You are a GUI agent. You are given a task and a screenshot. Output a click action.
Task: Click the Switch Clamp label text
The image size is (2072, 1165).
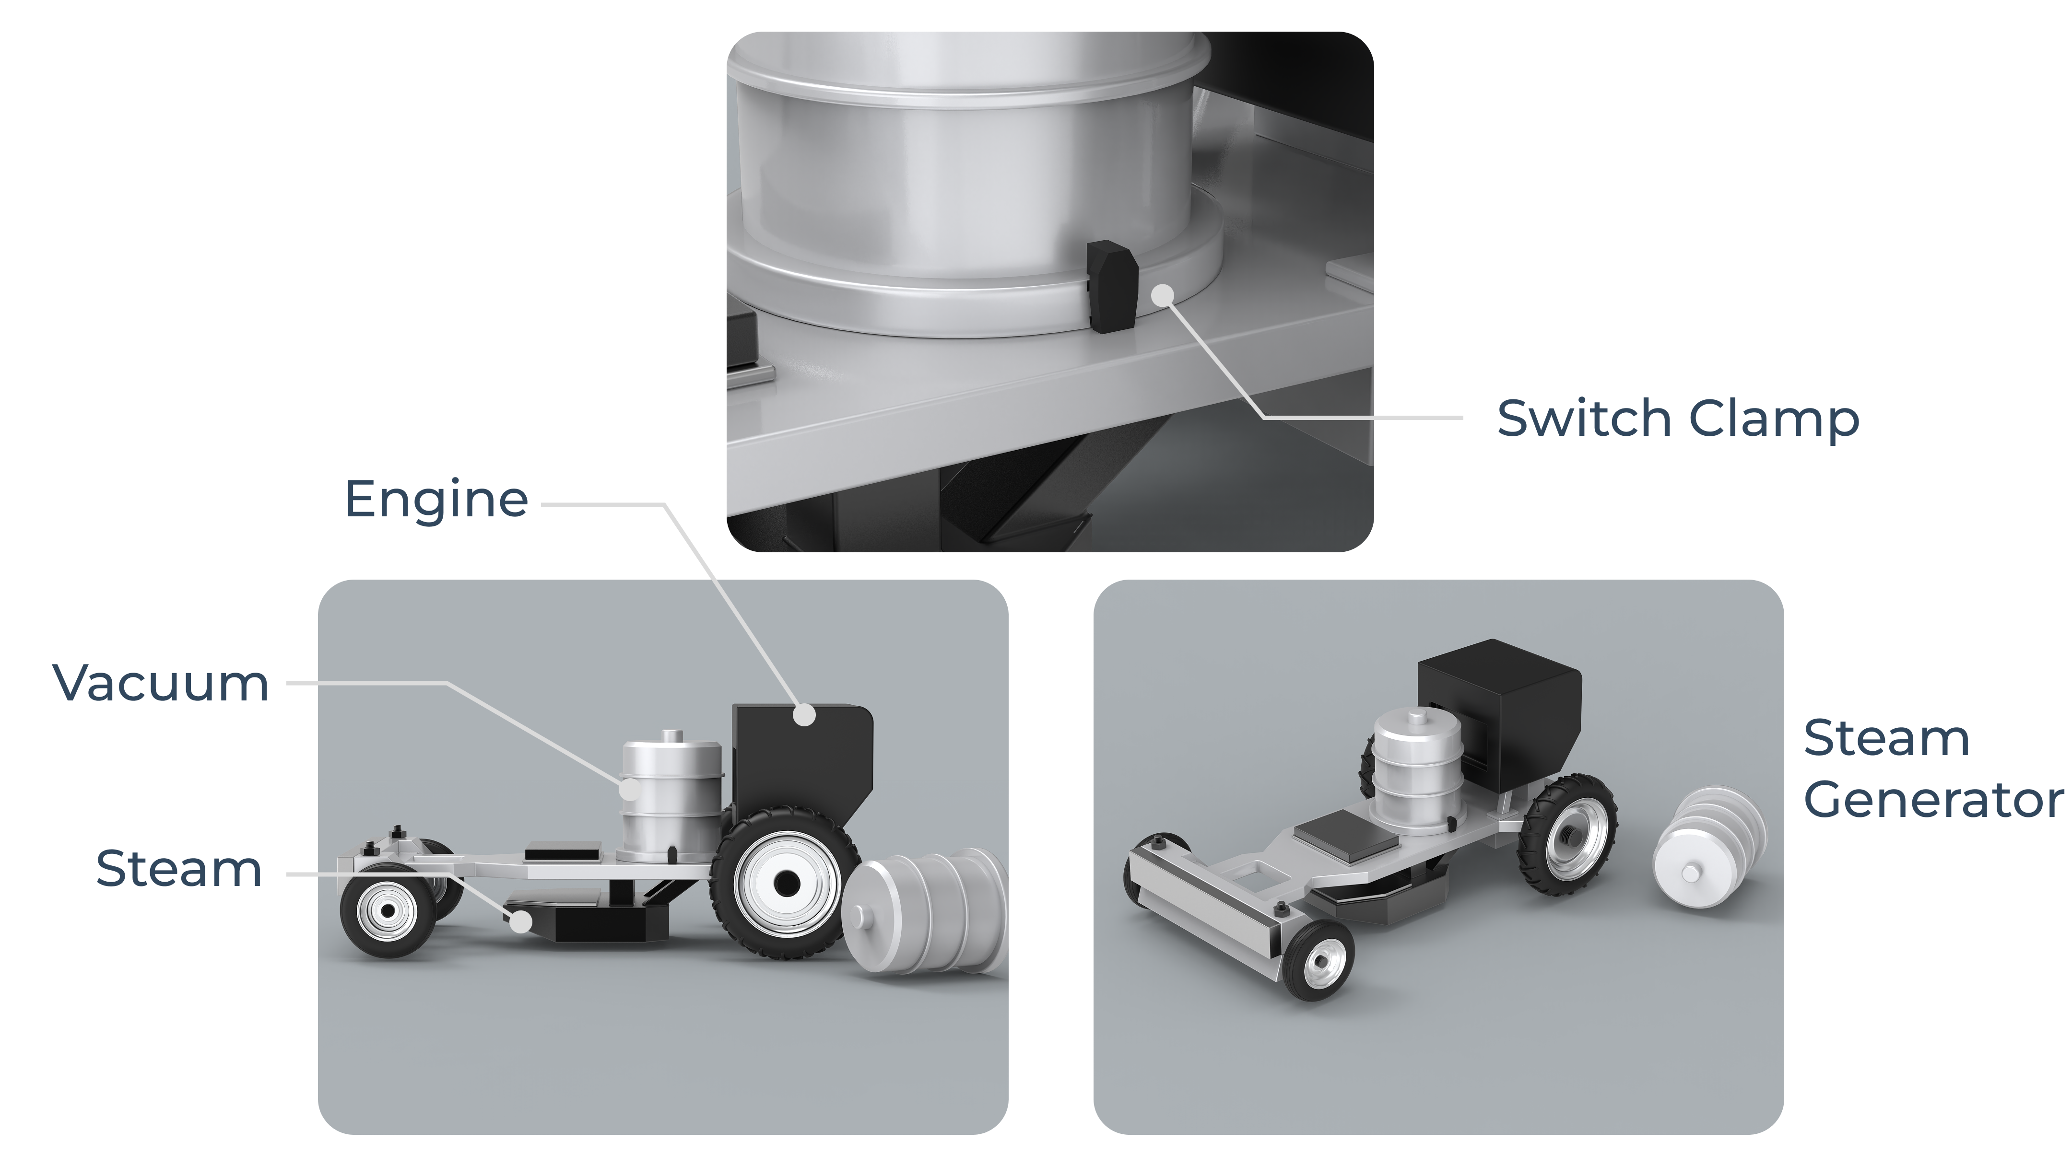coord(1678,419)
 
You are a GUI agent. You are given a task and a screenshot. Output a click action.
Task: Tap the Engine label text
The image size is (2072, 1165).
coord(436,500)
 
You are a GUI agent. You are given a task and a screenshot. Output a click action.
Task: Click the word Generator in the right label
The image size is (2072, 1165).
coord(1934,800)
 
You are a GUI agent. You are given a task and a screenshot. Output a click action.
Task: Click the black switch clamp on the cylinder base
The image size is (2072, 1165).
coord(1112,286)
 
